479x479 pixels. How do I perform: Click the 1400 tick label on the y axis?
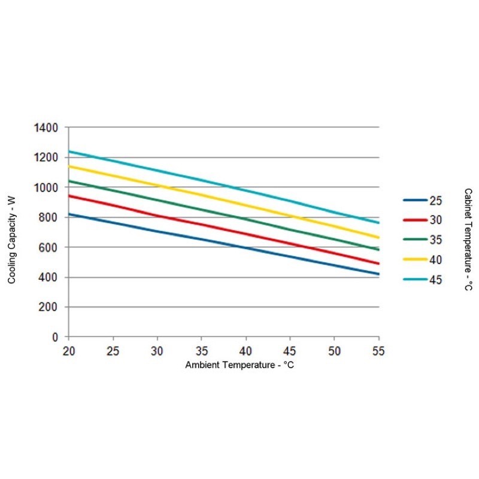click(x=46, y=128)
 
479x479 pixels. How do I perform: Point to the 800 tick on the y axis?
click(x=48, y=217)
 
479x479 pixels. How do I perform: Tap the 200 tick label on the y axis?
click(x=48, y=307)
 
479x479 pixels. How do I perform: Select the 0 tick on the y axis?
click(x=54, y=337)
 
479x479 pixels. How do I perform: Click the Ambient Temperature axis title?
click(x=239, y=365)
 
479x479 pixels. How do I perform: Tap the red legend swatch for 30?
click(x=415, y=220)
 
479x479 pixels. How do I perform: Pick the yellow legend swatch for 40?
click(x=415, y=259)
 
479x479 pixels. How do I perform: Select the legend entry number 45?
click(x=435, y=279)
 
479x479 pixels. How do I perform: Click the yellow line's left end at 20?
click(x=69, y=166)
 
